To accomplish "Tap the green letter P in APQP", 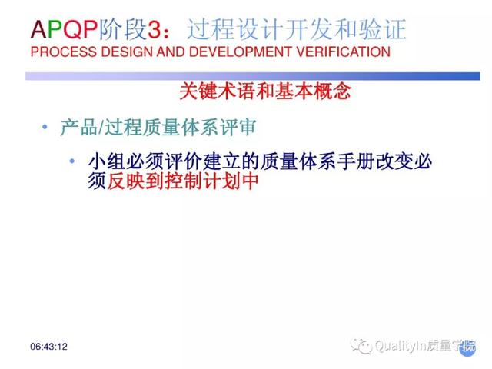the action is [55, 30].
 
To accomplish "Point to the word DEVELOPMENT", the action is [241, 52].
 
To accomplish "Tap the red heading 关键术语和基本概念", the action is [265, 91].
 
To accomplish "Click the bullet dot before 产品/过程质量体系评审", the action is [45, 127].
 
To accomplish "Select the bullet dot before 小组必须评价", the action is [72, 161].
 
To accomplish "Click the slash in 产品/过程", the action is [101, 128].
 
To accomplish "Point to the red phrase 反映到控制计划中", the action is [183, 181].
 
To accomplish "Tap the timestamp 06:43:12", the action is [48, 347].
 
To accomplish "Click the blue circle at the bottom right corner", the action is [467, 349].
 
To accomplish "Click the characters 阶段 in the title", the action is [123, 29].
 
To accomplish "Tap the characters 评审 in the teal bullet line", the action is [238, 128].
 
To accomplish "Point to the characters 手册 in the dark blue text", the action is [356, 161].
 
